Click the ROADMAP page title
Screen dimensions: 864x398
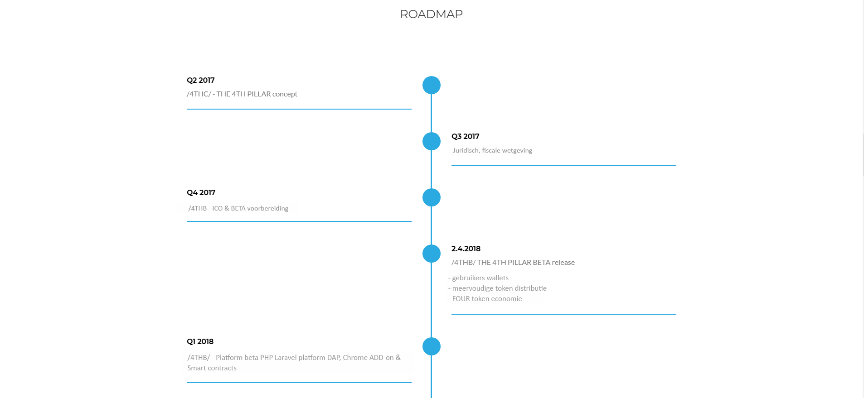(x=431, y=14)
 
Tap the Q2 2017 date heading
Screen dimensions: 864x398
(x=200, y=80)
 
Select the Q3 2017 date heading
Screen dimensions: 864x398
(x=465, y=136)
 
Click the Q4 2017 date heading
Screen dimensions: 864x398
(x=201, y=192)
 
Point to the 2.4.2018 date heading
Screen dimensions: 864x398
(x=466, y=249)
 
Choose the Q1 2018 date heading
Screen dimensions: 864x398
(x=200, y=341)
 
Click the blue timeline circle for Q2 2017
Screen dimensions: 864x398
(x=432, y=85)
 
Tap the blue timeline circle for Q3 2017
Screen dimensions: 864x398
(x=432, y=141)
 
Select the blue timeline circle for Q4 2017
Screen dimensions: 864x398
(x=432, y=197)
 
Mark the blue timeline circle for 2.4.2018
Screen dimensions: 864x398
(x=432, y=254)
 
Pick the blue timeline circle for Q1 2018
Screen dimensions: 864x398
(x=432, y=346)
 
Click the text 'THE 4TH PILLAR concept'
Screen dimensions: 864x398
(x=257, y=94)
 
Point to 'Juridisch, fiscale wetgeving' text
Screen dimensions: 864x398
(x=492, y=150)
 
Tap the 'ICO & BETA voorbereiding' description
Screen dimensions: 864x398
(x=250, y=208)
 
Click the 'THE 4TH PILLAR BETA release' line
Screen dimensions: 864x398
(x=526, y=262)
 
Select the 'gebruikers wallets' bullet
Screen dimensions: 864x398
(x=480, y=278)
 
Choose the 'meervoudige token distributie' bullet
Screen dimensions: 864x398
(x=499, y=288)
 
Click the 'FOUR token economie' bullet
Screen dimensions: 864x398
(x=487, y=299)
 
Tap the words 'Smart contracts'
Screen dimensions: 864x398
(x=212, y=368)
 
